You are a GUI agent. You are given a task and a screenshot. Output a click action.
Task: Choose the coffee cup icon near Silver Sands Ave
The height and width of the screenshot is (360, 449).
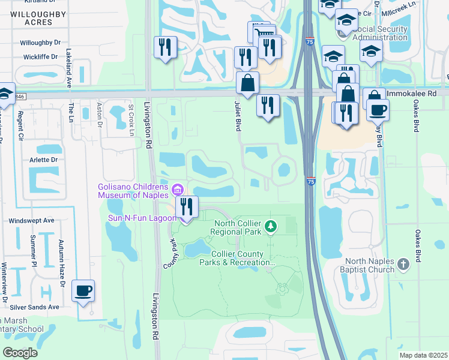point(83,292)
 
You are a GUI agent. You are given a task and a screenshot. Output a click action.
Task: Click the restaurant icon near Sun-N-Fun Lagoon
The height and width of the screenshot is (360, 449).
point(187,208)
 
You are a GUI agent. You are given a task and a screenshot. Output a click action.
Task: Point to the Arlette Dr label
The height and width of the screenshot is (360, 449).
point(44,160)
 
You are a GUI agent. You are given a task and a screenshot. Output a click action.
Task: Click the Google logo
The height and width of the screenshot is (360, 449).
point(20,353)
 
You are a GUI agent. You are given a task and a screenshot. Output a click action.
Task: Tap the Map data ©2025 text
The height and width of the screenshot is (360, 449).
point(423,355)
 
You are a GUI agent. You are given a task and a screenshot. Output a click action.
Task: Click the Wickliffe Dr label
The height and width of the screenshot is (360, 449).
point(38,57)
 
